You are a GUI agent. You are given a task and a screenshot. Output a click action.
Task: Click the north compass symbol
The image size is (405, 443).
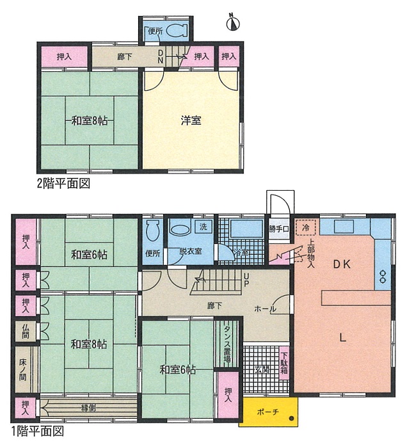click(233, 22)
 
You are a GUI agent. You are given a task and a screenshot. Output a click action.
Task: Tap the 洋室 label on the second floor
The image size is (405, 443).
click(191, 120)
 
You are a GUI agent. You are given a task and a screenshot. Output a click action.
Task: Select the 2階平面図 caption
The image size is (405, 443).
click(64, 183)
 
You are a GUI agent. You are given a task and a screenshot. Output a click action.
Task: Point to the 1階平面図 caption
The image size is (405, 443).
click(38, 431)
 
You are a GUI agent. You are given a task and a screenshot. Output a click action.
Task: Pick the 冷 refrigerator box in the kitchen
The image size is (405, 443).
click(306, 227)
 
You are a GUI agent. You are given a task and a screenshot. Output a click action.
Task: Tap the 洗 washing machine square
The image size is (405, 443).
click(203, 227)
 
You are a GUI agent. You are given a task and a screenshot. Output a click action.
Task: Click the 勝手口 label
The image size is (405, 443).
click(279, 229)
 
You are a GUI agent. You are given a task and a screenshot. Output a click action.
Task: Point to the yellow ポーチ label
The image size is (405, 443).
click(267, 412)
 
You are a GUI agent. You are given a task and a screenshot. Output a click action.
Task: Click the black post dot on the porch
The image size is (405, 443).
click(292, 419)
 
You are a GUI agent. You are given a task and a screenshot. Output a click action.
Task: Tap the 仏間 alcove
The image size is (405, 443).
click(26, 331)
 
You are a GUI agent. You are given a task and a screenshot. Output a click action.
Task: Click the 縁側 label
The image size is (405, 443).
click(88, 408)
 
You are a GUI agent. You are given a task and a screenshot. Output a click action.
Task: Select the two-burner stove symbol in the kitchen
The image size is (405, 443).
click(383, 277)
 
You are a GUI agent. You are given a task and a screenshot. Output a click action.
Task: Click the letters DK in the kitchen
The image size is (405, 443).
click(342, 264)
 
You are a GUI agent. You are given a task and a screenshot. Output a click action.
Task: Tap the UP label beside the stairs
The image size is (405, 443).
click(246, 279)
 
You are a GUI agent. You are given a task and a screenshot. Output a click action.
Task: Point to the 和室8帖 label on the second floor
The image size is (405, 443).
click(89, 121)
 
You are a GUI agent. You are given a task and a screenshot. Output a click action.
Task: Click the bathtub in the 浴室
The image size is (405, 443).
click(246, 229)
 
